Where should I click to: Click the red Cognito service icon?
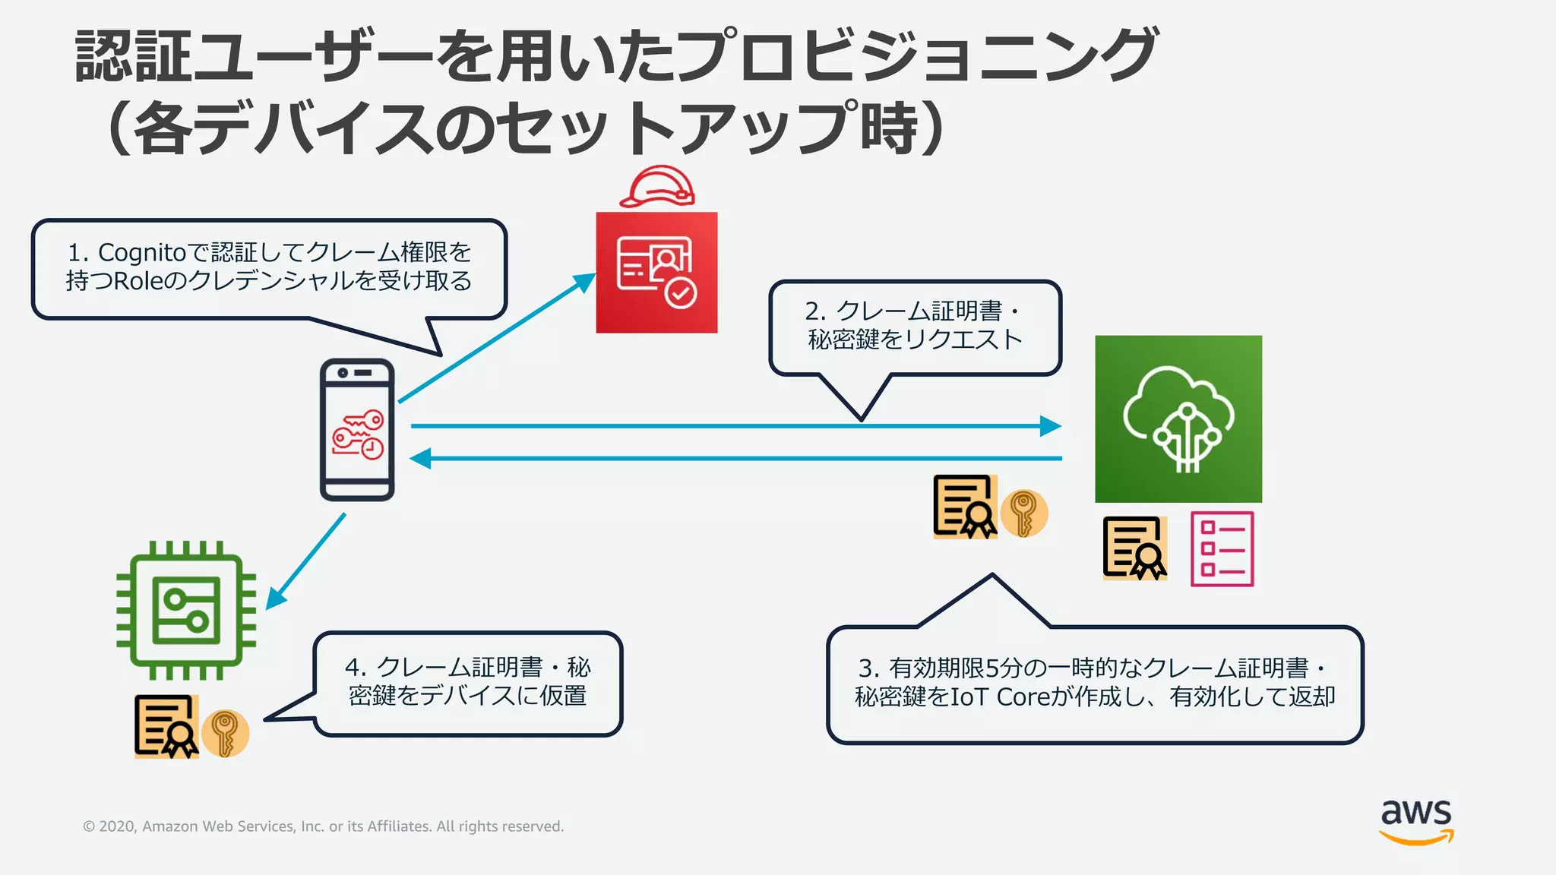(656, 272)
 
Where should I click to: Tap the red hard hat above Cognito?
(657, 187)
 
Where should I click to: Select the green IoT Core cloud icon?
(1178, 419)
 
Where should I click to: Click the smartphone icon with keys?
(357, 430)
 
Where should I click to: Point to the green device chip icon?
(186, 610)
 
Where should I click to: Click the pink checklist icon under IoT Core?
(1222, 548)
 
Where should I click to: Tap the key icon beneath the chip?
(225, 733)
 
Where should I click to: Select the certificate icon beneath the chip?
(166, 727)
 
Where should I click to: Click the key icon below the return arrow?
(1023, 513)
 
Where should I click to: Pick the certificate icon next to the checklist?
(1134, 548)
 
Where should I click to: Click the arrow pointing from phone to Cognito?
(494, 339)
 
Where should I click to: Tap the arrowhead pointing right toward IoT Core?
(1050, 426)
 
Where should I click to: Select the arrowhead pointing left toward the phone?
(420, 459)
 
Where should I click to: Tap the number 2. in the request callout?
(815, 311)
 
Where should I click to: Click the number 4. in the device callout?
(356, 668)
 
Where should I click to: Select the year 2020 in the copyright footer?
(117, 826)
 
